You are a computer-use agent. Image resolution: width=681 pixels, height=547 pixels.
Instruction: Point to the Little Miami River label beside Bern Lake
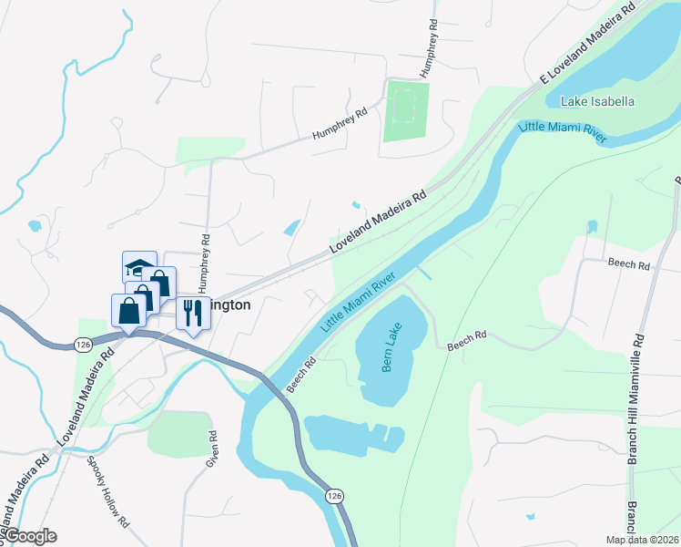pyautogui.click(x=359, y=301)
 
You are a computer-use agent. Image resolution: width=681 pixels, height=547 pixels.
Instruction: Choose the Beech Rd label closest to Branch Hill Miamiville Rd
pyautogui.click(x=630, y=264)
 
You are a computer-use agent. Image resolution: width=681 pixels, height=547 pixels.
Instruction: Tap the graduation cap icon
pyautogui.click(x=139, y=268)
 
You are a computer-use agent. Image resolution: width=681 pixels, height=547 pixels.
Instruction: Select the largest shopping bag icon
pyautogui.click(x=128, y=310)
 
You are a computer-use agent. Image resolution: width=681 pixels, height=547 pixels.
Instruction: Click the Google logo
pyautogui.click(x=29, y=536)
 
